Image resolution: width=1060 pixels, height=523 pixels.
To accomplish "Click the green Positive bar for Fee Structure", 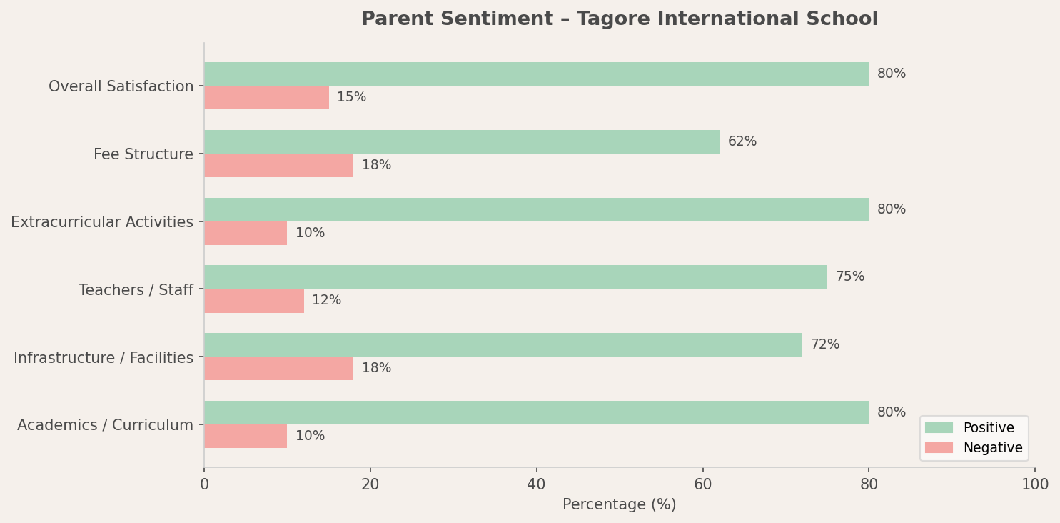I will pyautogui.click(x=461, y=142).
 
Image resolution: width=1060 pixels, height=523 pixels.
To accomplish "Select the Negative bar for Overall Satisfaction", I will pyautogui.click(x=266, y=98).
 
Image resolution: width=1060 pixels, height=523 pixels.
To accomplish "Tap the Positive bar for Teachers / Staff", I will pyautogui.click(x=515, y=277).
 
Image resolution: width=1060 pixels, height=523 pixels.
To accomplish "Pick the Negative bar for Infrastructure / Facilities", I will pyautogui.click(x=278, y=369).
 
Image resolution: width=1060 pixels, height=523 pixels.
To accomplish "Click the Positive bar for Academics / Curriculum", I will pyautogui.click(x=536, y=413).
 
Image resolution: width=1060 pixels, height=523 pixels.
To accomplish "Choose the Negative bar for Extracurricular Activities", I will pyautogui.click(x=246, y=234).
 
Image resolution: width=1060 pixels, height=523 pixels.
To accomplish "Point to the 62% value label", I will pyautogui.click(x=742, y=142).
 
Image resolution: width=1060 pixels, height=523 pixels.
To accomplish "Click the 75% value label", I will pyautogui.click(x=849, y=277).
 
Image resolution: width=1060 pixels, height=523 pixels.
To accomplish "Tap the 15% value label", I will pyautogui.click(x=351, y=98).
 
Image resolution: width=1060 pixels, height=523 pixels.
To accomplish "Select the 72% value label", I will pyautogui.click(x=824, y=345).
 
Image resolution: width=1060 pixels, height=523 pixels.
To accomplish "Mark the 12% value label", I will pyautogui.click(x=326, y=301).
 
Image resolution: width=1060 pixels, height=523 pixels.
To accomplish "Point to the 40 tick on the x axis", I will pyautogui.click(x=536, y=484).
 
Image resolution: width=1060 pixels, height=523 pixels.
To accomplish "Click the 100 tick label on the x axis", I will pyautogui.click(x=1034, y=484).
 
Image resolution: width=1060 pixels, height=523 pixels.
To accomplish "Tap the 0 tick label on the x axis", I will pyautogui.click(x=204, y=484).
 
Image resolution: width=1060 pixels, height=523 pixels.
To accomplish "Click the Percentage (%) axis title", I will pyautogui.click(x=619, y=505).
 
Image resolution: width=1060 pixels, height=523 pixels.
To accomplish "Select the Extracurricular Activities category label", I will pyautogui.click(x=102, y=222).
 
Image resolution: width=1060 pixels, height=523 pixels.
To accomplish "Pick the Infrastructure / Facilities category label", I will pyautogui.click(x=104, y=358).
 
